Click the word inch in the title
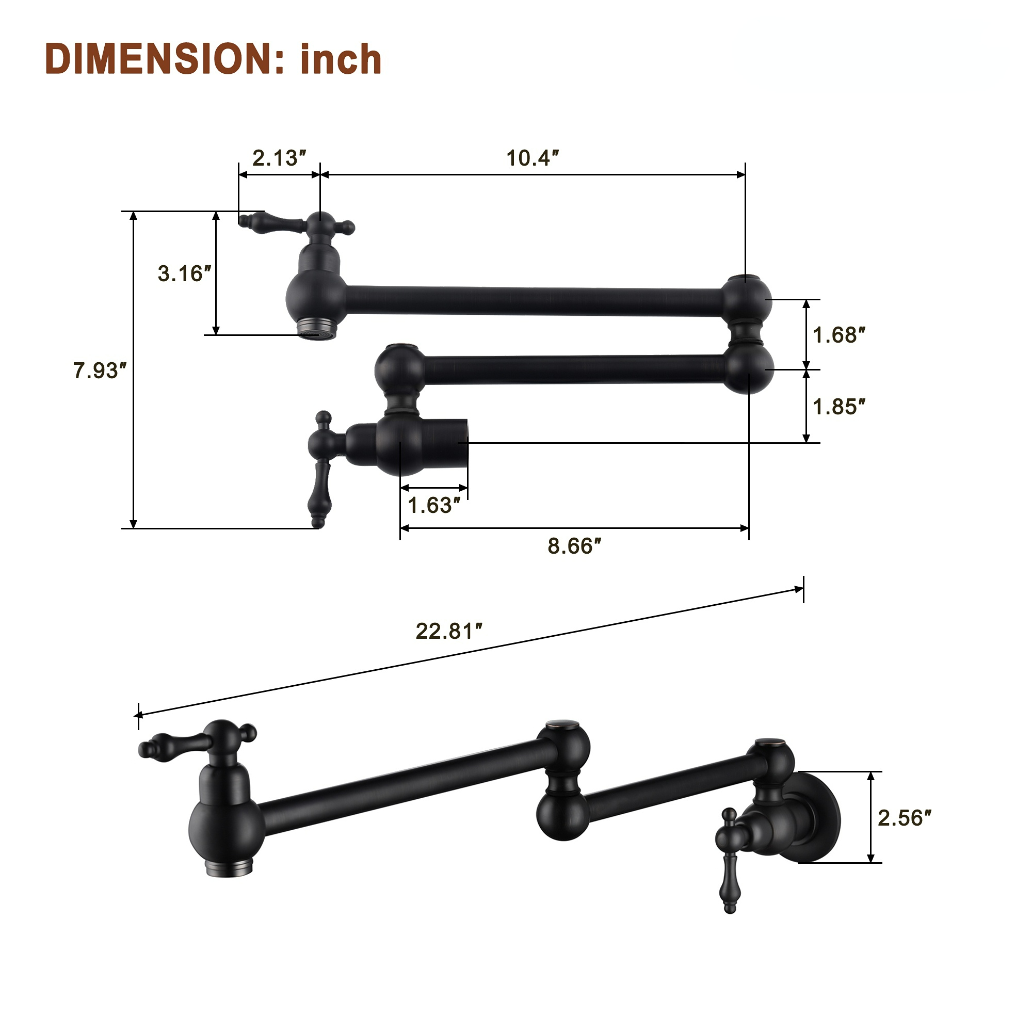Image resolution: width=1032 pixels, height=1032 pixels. point(341,60)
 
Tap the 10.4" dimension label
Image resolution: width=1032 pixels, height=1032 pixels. point(532,158)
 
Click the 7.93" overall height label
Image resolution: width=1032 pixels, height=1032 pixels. point(100,370)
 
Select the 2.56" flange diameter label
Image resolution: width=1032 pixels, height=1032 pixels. point(905,818)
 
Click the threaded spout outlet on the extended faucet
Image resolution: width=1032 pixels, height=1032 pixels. point(229,867)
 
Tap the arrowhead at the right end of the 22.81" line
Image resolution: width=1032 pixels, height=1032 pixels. point(799,590)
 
